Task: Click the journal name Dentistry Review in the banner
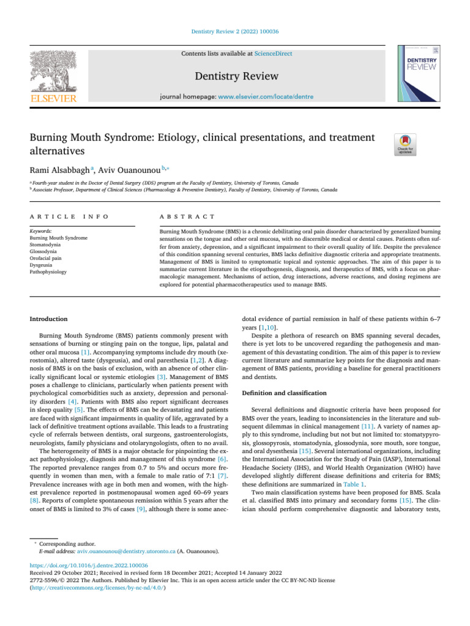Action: click(236, 76)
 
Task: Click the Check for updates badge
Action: click(406, 145)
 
